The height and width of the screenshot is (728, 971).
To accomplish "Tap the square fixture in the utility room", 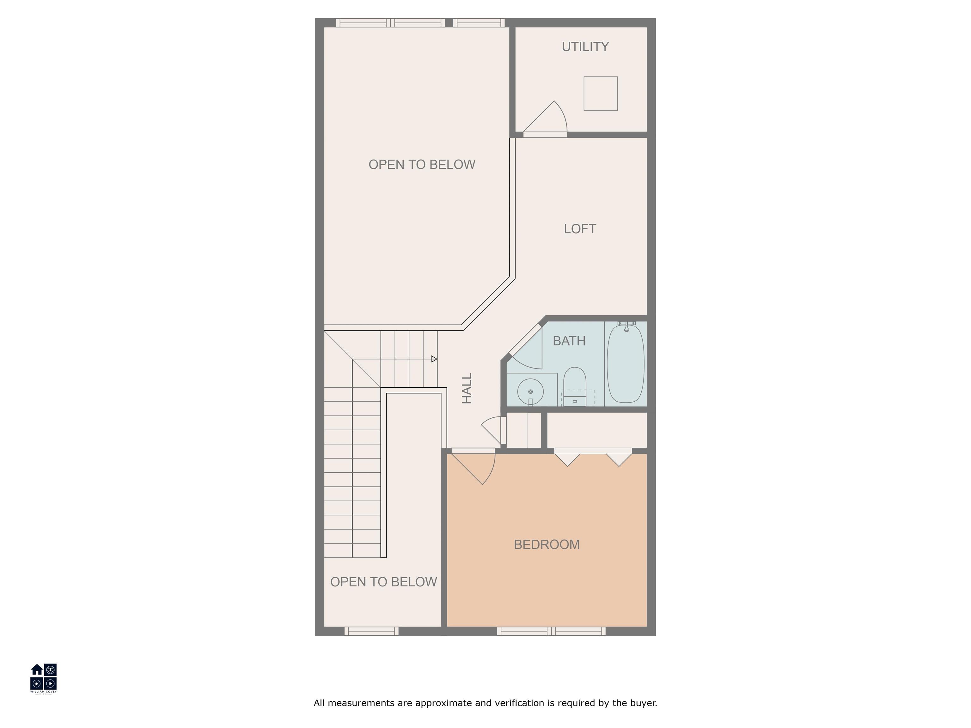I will [x=601, y=94].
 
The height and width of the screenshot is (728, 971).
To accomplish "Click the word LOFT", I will [x=580, y=229].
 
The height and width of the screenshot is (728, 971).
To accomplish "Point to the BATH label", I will [x=569, y=341].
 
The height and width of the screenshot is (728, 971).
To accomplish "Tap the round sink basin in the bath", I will [x=530, y=391].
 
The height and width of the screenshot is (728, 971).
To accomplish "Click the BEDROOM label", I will [x=547, y=544].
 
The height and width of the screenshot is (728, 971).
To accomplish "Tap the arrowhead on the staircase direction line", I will [x=434, y=359].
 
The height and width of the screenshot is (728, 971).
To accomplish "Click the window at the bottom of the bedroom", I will [x=551, y=631].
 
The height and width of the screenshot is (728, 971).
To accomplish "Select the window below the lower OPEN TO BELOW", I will [x=371, y=631].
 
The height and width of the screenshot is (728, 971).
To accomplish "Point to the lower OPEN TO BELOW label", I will [x=383, y=582].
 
